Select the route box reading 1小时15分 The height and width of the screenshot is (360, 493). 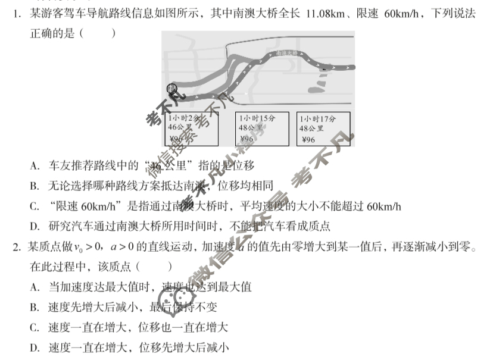click(x=262, y=129)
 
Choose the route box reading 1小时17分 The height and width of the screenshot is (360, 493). click(x=322, y=129)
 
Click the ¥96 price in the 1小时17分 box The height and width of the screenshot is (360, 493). click(x=309, y=140)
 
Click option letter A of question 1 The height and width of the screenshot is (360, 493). click(x=35, y=166)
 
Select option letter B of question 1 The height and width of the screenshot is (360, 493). click(x=35, y=186)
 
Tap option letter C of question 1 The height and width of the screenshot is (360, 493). click(x=35, y=206)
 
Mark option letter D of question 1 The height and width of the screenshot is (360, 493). click(x=35, y=227)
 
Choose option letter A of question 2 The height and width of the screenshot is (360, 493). click(x=35, y=287)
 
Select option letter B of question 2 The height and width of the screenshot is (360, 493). click(x=35, y=308)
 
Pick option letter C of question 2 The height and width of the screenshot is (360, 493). click(x=35, y=328)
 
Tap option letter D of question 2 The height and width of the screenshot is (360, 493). click(x=35, y=348)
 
